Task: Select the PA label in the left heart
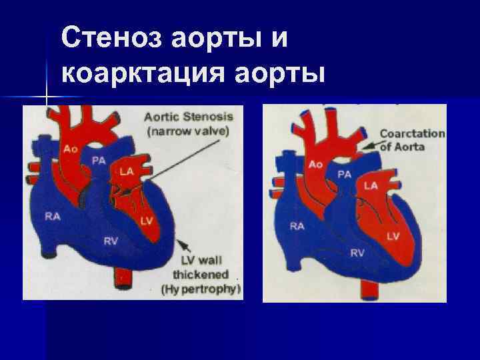(98, 159)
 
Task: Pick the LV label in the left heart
(147, 221)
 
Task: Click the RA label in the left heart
(51, 215)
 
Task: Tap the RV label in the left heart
(111, 241)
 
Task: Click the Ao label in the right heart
(316, 164)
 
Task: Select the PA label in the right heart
(345, 175)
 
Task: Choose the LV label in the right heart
(393, 236)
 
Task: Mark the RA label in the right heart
(297, 226)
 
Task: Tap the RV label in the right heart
(358, 252)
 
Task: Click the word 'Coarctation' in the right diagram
(412, 133)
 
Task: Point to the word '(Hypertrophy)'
(201, 289)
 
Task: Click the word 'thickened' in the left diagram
(201, 275)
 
